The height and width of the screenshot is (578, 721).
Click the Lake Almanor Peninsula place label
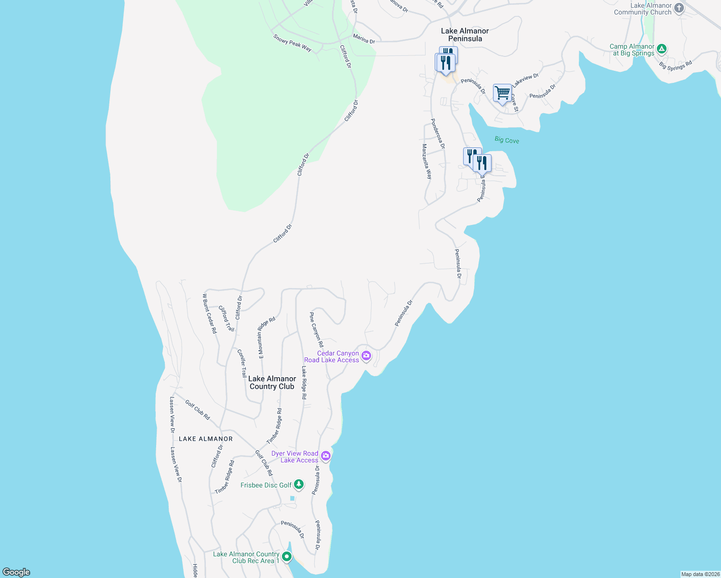465,35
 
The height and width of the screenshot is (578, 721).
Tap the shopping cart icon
502,92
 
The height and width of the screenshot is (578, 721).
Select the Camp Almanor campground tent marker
662,49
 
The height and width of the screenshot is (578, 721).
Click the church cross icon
679,8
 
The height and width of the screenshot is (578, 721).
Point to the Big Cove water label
507,140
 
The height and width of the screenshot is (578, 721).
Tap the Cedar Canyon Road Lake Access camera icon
366,356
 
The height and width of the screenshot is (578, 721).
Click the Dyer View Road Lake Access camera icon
326,456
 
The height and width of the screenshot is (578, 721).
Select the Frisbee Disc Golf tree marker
299,484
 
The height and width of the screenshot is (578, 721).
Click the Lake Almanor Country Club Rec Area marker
287,557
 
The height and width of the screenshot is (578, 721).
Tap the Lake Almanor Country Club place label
272,382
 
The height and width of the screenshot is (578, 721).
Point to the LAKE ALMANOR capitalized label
206,439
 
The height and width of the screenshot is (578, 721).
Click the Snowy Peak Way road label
293,43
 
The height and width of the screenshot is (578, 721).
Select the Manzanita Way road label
427,161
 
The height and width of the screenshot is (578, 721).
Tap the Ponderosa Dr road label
438,133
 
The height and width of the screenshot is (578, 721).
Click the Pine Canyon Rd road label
316,330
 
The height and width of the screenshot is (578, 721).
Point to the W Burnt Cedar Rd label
210,314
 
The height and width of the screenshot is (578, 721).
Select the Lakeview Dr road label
525,80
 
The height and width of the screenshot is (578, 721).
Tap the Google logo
16,572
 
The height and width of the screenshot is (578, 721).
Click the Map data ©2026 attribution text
700,574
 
